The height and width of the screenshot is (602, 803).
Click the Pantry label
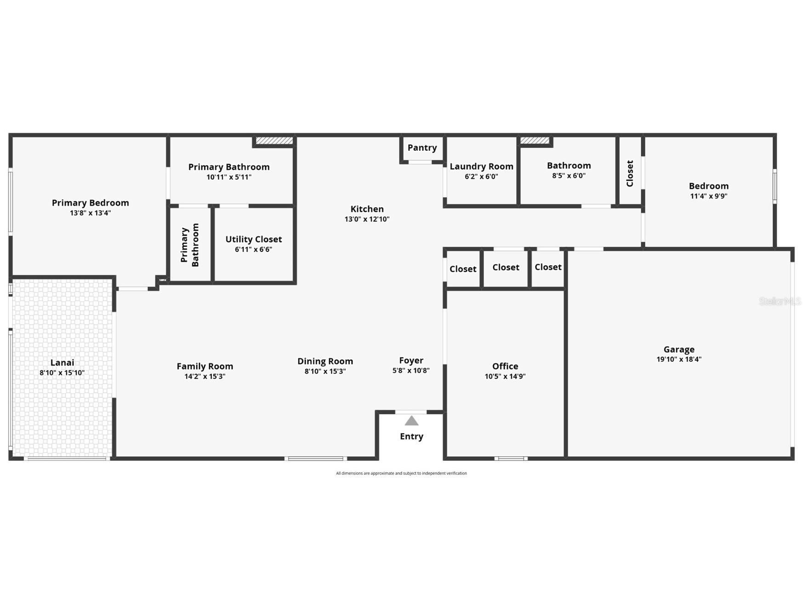coord(422,148)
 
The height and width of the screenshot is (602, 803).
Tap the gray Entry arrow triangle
coord(411,421)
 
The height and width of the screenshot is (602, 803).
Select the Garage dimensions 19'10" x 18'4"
coord(679,359)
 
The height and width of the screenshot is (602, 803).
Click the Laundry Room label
coord(481,166)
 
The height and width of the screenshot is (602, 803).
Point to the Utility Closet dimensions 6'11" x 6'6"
coord(253,250)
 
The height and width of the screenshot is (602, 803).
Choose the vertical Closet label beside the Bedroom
coord(630,173)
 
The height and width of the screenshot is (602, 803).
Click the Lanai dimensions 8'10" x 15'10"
coord(62,373)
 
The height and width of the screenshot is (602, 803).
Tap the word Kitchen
coord(367,209)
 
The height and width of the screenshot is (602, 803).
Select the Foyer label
coord(411,361)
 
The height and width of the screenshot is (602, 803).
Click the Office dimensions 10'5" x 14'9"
coord(505,376)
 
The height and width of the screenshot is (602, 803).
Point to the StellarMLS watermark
coord(780,301)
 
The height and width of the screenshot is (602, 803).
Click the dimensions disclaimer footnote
coord(401,473)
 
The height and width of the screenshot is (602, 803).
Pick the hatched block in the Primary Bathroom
coord(274,141)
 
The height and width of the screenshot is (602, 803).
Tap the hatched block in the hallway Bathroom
coord(535,140)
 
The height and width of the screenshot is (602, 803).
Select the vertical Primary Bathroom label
coord(190,245)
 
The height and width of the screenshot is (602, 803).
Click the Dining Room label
coord(325,361)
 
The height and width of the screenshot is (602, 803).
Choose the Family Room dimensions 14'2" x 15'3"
coord(205,376)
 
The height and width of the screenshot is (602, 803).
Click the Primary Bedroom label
coord(90,203)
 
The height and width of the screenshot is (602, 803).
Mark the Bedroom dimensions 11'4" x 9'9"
coord(708,196)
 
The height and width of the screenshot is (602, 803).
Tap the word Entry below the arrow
coord(411,437)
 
